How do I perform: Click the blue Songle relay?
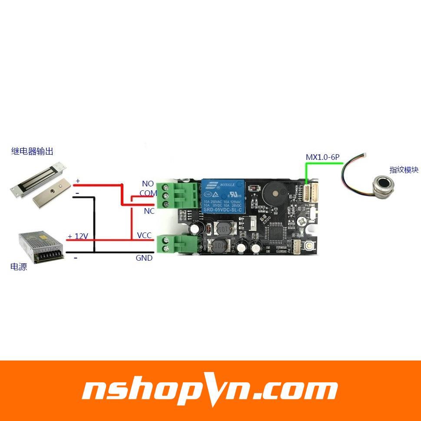[x=222, y=196]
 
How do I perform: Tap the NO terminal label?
[x=148, y=184]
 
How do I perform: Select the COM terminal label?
[x=148, y=193]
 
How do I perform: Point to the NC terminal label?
[x=149, y=211]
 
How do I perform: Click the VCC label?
[x=144, y=235]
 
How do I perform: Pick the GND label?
[x=144, y=258]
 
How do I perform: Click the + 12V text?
[x=78, y=236]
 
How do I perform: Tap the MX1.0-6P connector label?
[x=322, y=157]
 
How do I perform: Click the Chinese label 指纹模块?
[x=404, y=170]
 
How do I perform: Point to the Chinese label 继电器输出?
[x=32, y=151]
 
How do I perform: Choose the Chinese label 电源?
[x=19, y=266]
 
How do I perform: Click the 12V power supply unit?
[x=41, y=247]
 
